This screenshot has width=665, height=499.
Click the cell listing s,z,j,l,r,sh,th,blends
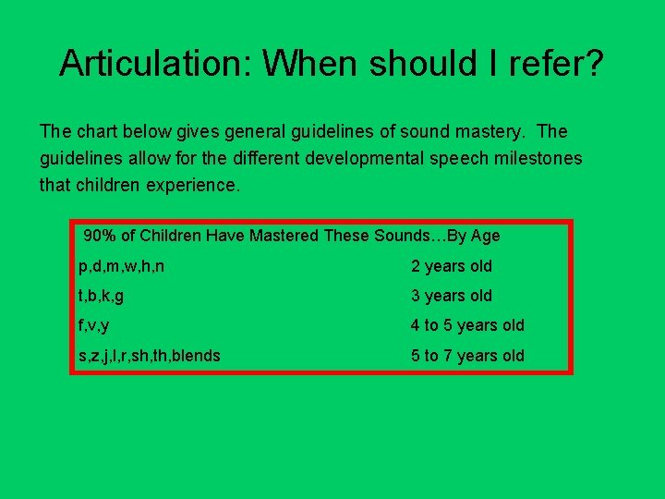[150, 355]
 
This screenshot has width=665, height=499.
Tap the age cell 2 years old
[452, 266]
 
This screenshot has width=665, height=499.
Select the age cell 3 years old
[452, 296]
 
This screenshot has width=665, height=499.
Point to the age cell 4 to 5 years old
[467, 325]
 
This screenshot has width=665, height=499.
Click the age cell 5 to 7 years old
[467, 355]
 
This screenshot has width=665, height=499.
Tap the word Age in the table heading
[485, 236]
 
